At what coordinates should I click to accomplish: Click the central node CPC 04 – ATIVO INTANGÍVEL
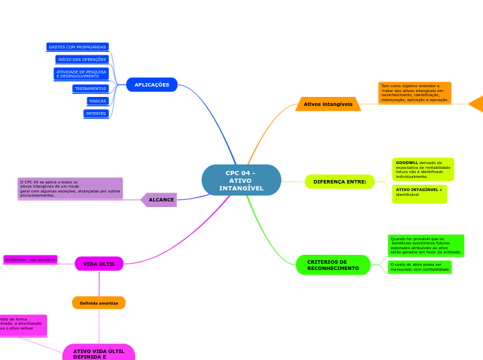[241, 180]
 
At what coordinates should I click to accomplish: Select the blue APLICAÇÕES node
[152, 84]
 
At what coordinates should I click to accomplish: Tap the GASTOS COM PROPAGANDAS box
[78, 47]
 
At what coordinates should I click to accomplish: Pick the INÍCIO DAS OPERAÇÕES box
[82, 60]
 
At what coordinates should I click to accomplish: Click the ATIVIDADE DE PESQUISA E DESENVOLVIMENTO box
[81, 73]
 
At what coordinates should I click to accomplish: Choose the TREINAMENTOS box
[91, 89]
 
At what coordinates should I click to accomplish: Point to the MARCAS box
[98, 101]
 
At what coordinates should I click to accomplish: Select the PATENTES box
[96, 114]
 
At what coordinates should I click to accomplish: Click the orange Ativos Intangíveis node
[328, 104]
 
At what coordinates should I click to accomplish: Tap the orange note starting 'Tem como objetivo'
[414, 93]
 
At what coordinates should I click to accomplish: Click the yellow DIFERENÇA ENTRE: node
[340, 181]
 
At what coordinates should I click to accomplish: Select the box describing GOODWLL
[423, 169]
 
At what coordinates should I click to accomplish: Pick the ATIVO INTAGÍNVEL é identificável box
[419, 194]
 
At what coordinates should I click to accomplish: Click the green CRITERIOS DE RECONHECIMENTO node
[333, 265]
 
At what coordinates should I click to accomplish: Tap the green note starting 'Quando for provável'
[425, 245]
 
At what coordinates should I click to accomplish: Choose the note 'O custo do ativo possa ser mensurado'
[419, 267]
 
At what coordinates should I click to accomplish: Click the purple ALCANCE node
[161, 199]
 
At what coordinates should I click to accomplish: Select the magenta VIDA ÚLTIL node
[99, 264]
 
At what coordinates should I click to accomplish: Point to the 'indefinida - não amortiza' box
[30, 260]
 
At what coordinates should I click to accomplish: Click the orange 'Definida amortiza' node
[98, 303]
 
